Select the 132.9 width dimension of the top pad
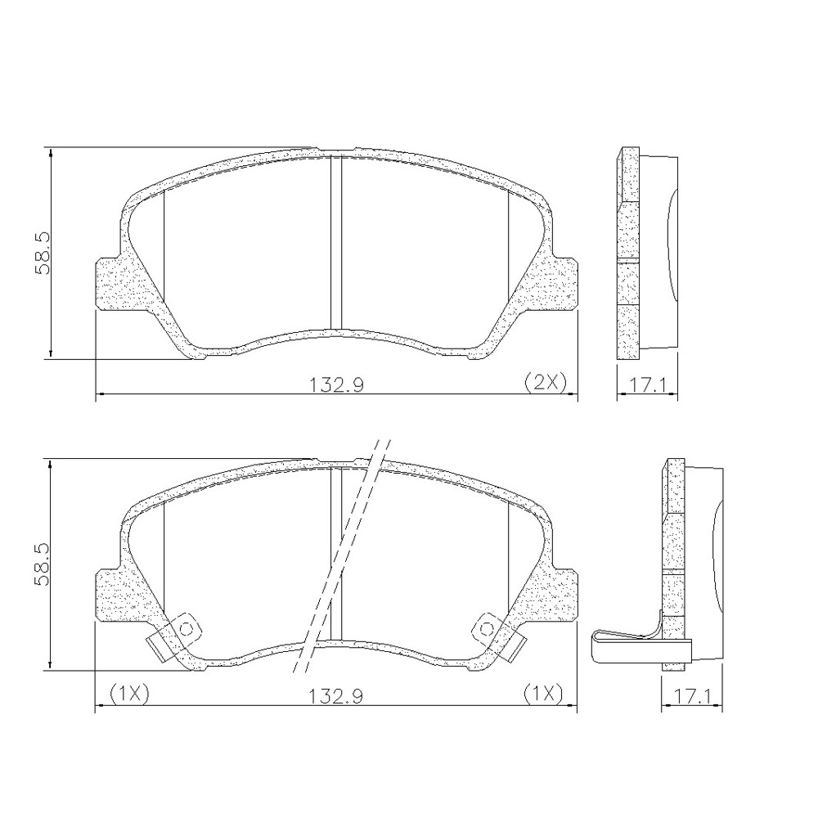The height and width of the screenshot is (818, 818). (336, 385)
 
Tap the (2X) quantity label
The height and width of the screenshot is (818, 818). (545, 383)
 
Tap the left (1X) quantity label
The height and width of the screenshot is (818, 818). (129, 694)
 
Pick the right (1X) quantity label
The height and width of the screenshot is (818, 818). (543, 694)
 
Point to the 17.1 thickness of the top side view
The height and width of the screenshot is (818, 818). (648, 385)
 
